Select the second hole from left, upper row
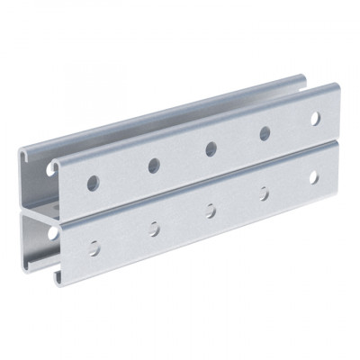click(154, 164)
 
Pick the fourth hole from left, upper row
click(265, 132)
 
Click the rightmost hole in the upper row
click(315, 117)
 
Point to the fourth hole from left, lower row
click(264, 193)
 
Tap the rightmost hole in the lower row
click(314, 177)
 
